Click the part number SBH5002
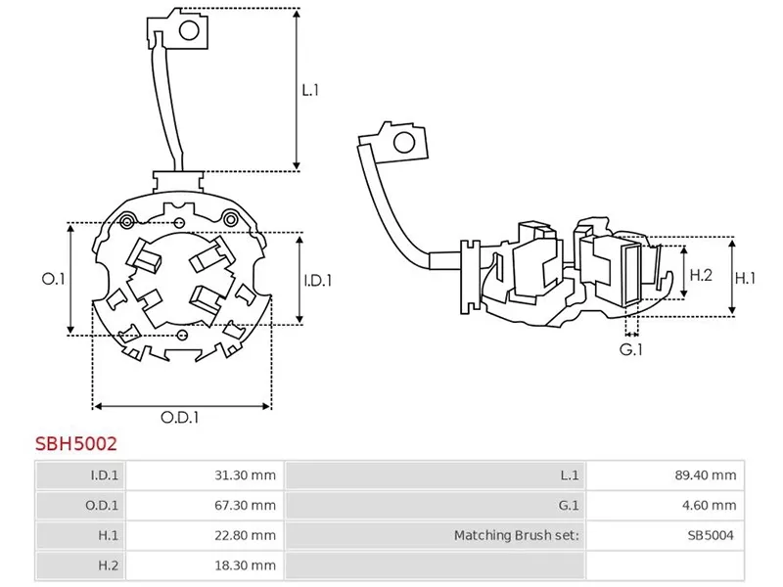point(76,443)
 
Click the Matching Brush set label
point(517,535)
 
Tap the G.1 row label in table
point(570,506)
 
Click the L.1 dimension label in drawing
point(310,90)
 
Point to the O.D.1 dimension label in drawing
point(180,418)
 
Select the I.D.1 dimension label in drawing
point(317,280)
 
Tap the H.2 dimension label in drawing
point(701,276)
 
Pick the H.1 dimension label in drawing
point(746,278)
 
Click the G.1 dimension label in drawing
point(631,349)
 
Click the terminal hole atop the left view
point(190,30)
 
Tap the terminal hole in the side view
point(402,145)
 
